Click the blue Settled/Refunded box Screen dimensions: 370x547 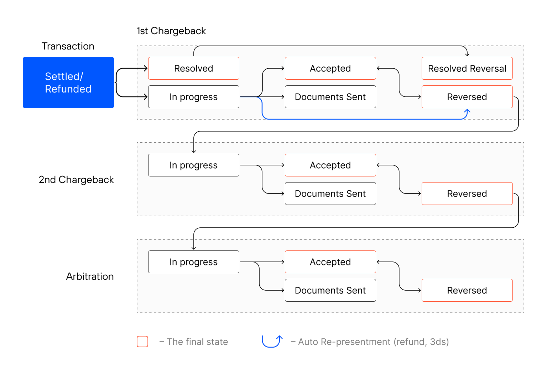click(68, 83)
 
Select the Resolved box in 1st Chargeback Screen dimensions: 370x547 click(193, 68)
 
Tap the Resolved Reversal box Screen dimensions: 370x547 click(467, 68)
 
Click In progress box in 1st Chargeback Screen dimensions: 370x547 click(193, 97)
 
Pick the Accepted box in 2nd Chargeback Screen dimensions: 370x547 click(330, 165)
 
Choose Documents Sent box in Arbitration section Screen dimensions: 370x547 click(330, 290)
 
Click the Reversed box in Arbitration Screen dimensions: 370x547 click(467, 290)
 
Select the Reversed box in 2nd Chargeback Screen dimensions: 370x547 click(467, 194)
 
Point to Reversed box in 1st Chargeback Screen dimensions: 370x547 click(467, 97)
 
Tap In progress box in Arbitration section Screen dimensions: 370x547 click(193, 262)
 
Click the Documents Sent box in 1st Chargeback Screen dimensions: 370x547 click(330, 97)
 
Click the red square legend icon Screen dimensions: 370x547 click(142, 342)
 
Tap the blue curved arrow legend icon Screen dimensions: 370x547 click(272, 341)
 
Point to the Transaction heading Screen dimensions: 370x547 click(68, 46)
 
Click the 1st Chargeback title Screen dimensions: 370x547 click(171, 31)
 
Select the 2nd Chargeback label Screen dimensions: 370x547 click(76, 180)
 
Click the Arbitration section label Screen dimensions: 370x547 click(90, 276)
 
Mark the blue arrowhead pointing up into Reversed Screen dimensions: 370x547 click(467, 111)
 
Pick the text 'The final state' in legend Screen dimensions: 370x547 click(197, 342)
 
